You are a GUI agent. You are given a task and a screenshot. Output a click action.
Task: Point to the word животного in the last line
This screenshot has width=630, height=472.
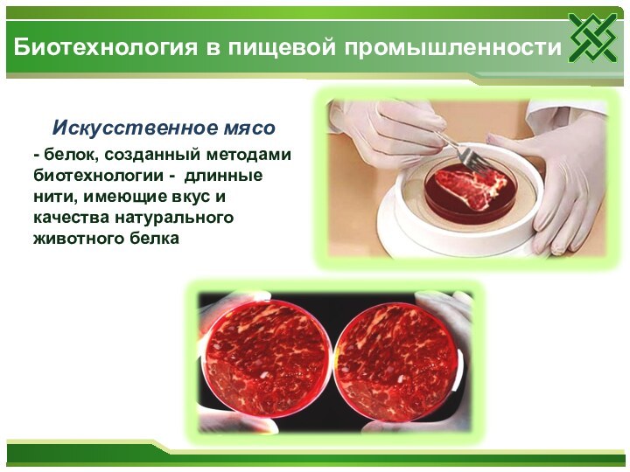(x=76, y=237)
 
